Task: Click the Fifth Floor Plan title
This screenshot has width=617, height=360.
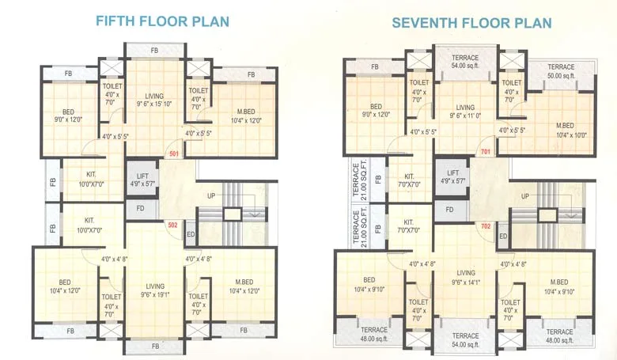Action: tap(152, 21)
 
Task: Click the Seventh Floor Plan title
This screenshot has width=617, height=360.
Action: tap(471, 23)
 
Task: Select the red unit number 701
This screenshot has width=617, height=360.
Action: tap(486, 151)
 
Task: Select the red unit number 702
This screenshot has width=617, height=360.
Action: tap(486, 226)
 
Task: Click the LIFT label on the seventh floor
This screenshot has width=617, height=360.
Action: tap(453, 176)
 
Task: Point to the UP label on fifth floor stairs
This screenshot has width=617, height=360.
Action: tap(210, 195)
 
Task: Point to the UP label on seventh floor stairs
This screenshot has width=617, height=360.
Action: tap(524, 196)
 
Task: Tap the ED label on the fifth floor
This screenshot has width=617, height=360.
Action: tap(191, 233)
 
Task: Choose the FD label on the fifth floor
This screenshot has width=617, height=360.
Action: tap(140, 209)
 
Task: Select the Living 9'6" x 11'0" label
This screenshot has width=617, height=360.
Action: tap(465, 111)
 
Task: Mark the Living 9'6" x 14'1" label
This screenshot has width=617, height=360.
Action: tap(465, 278)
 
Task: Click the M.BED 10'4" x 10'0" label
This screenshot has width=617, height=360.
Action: tap(565, 131)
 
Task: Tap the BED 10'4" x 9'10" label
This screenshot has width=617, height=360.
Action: tap(369, 285)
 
